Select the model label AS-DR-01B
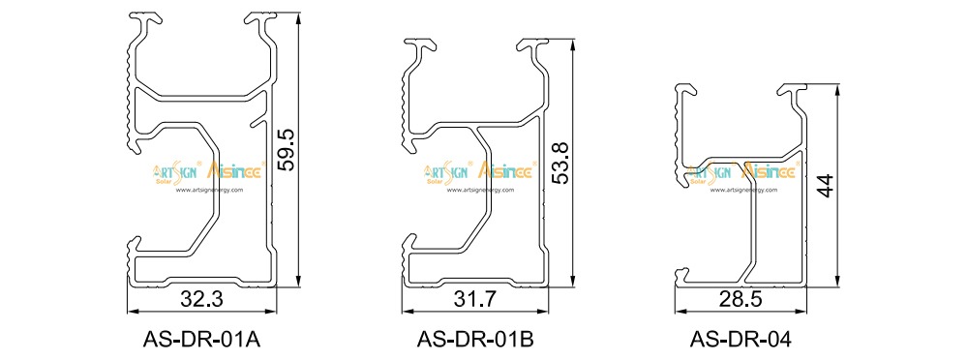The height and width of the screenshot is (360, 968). click(x=475, y=340)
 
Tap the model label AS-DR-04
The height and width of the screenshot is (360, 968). click(x=741, y=340)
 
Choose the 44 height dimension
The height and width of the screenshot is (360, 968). click(x=825, y=186)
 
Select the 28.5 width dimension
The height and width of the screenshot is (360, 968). click(x=741, y=300)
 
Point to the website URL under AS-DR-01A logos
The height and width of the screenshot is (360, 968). click(x=208, y=190)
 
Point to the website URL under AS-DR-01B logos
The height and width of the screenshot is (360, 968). click(x=480, y=190)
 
